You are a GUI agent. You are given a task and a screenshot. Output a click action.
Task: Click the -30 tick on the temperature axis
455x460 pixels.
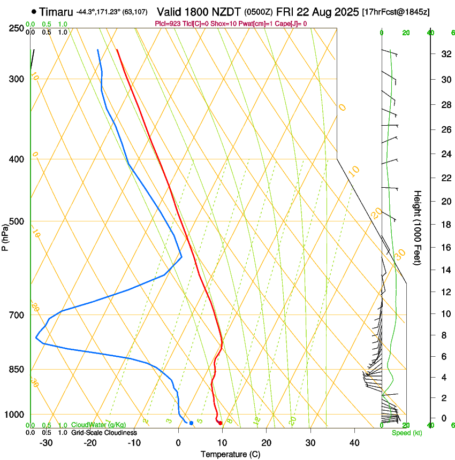point(46,443)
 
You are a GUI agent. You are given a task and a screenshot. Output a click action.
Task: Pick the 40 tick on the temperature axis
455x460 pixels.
point(354,443)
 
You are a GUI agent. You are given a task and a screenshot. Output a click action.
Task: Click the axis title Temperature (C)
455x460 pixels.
point(230,454)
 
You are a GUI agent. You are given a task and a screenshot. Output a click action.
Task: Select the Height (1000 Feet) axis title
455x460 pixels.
point(418,227)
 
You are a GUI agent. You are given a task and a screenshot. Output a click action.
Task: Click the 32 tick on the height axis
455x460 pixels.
point(444,54)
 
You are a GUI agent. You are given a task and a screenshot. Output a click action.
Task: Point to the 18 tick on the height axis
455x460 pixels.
point(444,225)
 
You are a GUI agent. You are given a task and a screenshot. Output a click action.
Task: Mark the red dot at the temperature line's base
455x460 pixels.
point(220,423)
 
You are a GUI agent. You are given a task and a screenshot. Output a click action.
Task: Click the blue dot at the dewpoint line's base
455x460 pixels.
point(191,423)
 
